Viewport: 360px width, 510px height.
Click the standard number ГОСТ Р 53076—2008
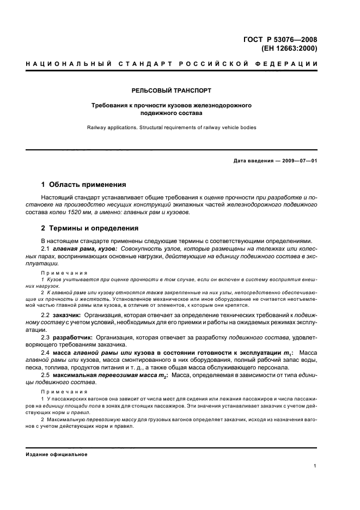click(x=285, y=39)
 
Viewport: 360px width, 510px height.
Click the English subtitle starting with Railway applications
click(x=172, y=127)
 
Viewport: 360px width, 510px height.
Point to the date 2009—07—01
click(x=300, y=161)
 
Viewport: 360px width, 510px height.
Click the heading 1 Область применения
click(x=84, y=185)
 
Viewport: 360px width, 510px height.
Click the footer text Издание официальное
click(x=57, y=454)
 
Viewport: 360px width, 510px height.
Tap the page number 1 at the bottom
click(x=316, y=466)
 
